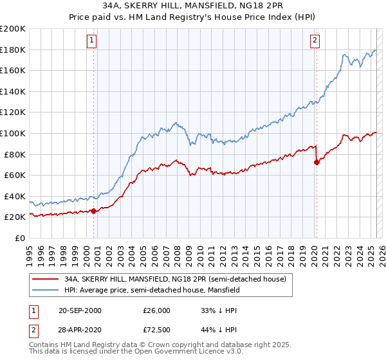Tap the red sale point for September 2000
coord(94,210)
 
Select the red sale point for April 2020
coord(317,162)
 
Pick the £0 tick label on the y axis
coord(20,238)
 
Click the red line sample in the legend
coord(45,279)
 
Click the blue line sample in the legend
coord(45,290)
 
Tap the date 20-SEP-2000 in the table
coord(80,310)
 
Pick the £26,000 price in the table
coord(156,310)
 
